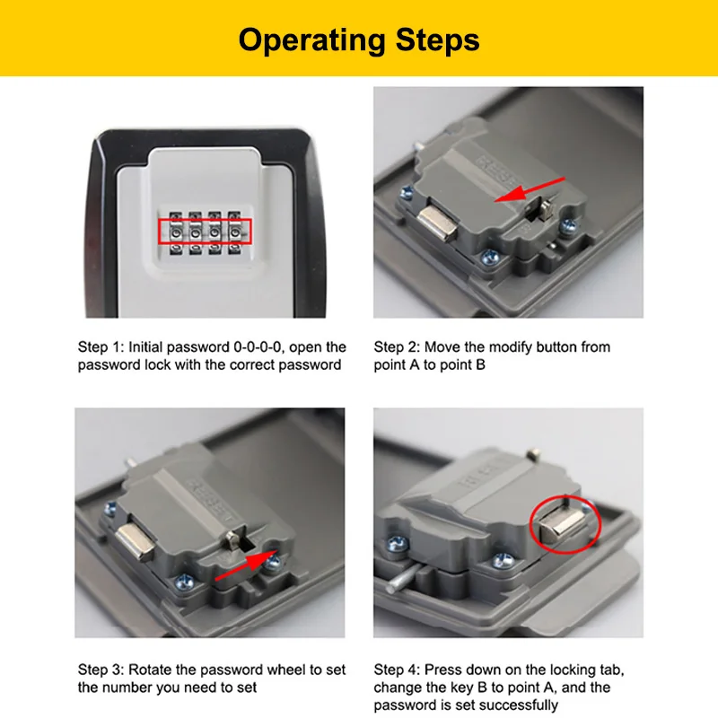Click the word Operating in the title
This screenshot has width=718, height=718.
(x=312, y=41)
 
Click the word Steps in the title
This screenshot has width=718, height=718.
(x=438, y=39)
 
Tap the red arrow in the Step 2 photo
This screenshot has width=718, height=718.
(x=530, y=189)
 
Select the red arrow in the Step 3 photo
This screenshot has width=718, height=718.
(x=247, y=565)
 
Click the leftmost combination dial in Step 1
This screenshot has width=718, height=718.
(x=176, y=232)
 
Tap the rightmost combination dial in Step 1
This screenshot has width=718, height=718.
(x=234, y=232)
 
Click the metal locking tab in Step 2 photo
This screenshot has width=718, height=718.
(x=437, y=223)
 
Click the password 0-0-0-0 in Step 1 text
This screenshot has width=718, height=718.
(x=258, y=347)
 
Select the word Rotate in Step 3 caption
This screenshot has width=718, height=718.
(x=150, y=670)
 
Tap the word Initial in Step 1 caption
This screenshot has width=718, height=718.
(x=144, y=347)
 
